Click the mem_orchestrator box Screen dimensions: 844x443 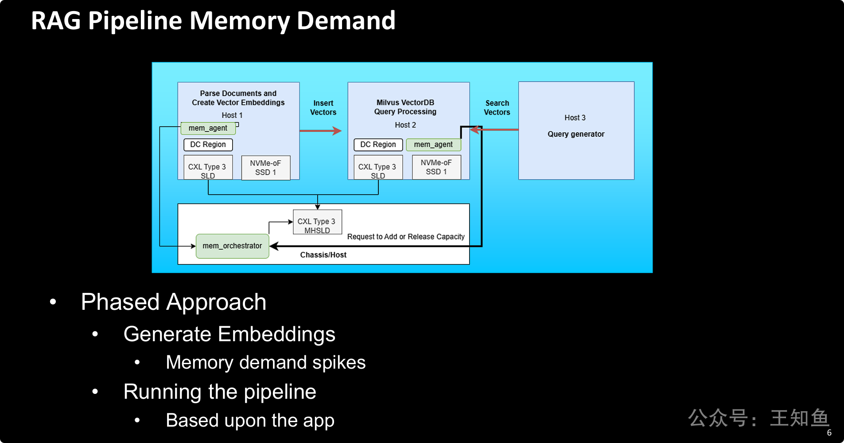(x=232, y=246)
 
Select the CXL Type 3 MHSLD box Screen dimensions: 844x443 (x=317, y=222)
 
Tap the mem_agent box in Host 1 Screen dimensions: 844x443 (x=208, y=128)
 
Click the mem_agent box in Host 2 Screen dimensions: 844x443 (x=433, y=145)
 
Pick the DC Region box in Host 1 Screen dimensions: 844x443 (x=208, y=145)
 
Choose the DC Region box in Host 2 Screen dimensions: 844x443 (x=378, y=145)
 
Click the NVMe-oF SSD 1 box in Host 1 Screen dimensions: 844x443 (x=266, y=168)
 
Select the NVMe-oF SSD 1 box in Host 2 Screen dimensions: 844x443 (x=436, y=167)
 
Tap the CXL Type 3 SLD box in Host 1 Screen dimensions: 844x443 (x=208, y=167)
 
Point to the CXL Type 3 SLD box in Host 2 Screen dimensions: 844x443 (x=378, y=167)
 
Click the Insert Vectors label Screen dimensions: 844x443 (x=323, y=108)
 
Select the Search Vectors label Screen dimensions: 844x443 (x=497, y=108)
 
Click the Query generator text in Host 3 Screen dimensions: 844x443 (x=576, y=134)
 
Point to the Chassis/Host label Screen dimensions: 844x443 (x=323, y=255)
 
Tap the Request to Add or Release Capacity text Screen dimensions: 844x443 (x=406, y=237)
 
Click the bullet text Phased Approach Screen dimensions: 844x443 (x=174, y=302)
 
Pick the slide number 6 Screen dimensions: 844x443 (x=829, y=433)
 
